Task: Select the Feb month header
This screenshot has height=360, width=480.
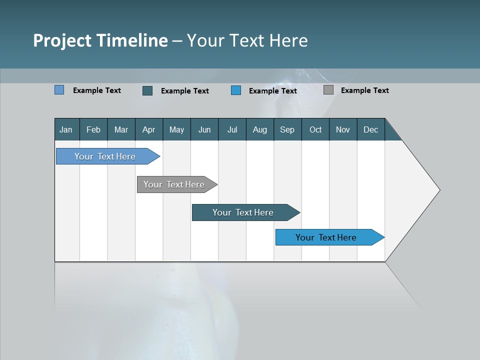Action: [93, 129]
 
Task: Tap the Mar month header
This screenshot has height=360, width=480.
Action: [121, 129]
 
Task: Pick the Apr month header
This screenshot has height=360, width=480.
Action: [149, 129]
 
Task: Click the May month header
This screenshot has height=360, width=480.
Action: [176, 129]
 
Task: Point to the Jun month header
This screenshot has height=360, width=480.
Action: [204, 129]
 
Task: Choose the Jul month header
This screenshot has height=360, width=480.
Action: [232, 129]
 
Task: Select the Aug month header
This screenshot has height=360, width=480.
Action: [260, 129]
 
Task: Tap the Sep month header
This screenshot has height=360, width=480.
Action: [287, 129]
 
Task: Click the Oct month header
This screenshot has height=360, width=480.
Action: [315, 129]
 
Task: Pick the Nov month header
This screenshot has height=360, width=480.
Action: [343, 129]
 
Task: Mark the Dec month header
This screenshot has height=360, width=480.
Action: [371, 129]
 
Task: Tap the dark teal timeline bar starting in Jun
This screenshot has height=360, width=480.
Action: [243, 212]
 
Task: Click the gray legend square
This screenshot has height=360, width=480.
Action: [328, 90]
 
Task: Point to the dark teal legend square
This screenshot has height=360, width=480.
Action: [147, 90]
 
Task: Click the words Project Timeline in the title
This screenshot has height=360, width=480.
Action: [100, 40]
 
